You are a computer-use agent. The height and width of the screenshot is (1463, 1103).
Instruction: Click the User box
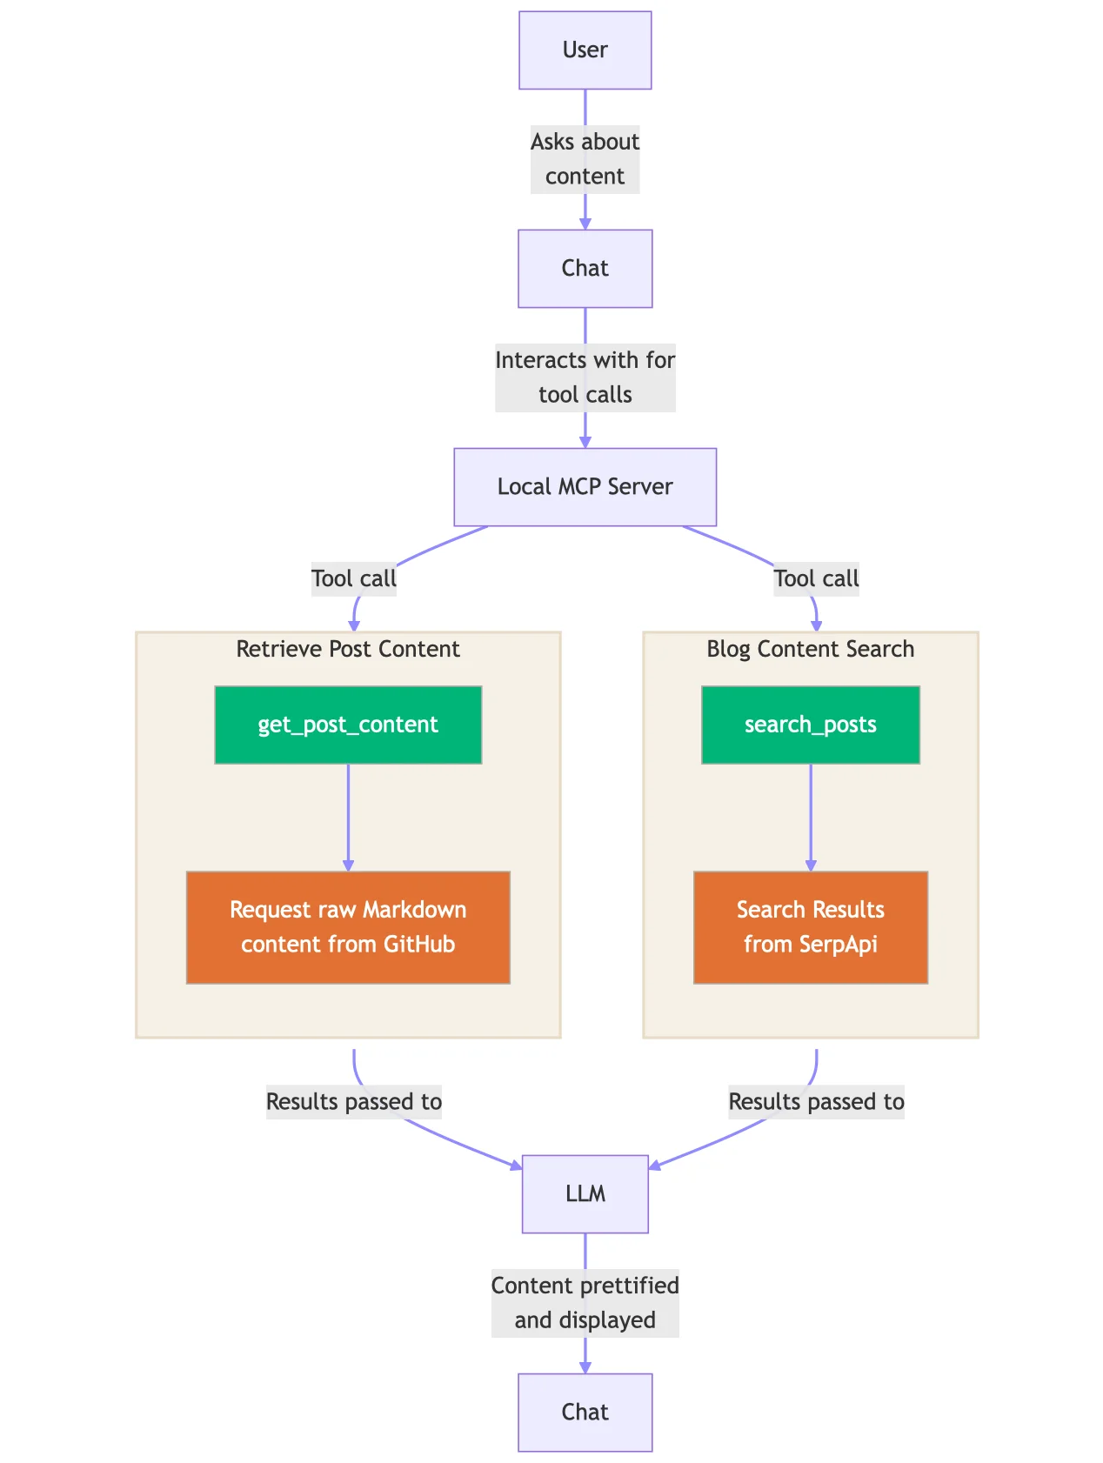coord(585,50)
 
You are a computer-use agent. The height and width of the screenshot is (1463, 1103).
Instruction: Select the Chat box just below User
coord(585,269)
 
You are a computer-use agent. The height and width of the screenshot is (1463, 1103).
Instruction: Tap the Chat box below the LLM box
coord(585,1413)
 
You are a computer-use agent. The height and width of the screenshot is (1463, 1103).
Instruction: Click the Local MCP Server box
coord(585,487)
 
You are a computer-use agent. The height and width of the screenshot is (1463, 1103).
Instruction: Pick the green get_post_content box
coord(348,725)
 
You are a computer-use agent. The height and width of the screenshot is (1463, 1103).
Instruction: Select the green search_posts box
coord(810,725)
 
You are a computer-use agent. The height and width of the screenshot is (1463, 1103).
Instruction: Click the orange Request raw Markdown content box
coord(348,927)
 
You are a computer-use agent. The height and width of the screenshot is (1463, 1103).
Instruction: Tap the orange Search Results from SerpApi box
coord(810,927)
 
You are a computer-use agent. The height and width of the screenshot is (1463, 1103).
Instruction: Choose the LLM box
coord(585,1194)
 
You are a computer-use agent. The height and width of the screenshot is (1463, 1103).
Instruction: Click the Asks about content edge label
coord(585,159)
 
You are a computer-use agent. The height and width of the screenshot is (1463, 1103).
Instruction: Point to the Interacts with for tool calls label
coord(585,377)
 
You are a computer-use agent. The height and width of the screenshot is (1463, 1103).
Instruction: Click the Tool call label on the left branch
coord(354,579)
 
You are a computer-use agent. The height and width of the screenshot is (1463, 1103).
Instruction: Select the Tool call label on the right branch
coord(816,579)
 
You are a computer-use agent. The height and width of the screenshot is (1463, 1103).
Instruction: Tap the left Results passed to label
coord(354,1102)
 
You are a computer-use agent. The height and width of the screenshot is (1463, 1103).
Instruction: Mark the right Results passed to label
coord(816,1102)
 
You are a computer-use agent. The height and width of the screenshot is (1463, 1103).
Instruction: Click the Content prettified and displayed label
coord(585,1303)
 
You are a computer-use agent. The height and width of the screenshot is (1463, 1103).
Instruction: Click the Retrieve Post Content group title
coord(348,650)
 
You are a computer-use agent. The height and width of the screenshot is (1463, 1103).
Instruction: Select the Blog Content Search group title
coord(810,650)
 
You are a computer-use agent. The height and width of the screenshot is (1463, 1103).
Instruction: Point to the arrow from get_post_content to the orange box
coord(348,818)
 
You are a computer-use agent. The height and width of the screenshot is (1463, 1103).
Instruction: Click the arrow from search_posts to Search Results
coord(811,818)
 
